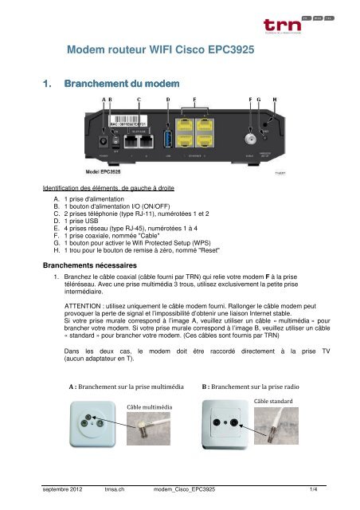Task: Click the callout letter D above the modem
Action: (168, 98)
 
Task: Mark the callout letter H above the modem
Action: (275, 98)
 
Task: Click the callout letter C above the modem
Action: (139, 98)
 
